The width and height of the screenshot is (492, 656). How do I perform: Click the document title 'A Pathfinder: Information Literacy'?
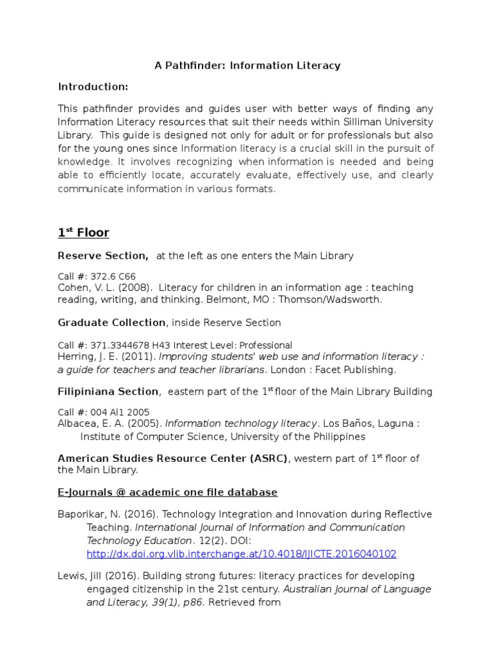tap(247, 65)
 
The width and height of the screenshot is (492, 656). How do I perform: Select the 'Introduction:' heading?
tap(93, 86)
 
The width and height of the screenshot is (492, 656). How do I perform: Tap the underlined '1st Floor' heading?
tap(83, 232)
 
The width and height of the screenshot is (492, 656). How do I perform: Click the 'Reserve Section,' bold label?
tap(103, 256)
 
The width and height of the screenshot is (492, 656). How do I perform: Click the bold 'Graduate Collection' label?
tap(111, 323)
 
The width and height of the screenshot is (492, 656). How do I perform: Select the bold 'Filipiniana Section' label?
tap(108, 391)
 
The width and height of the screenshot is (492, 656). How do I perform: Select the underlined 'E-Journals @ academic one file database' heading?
tap(168, 492)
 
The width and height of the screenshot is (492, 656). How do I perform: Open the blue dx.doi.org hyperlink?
tap(242, 553)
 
